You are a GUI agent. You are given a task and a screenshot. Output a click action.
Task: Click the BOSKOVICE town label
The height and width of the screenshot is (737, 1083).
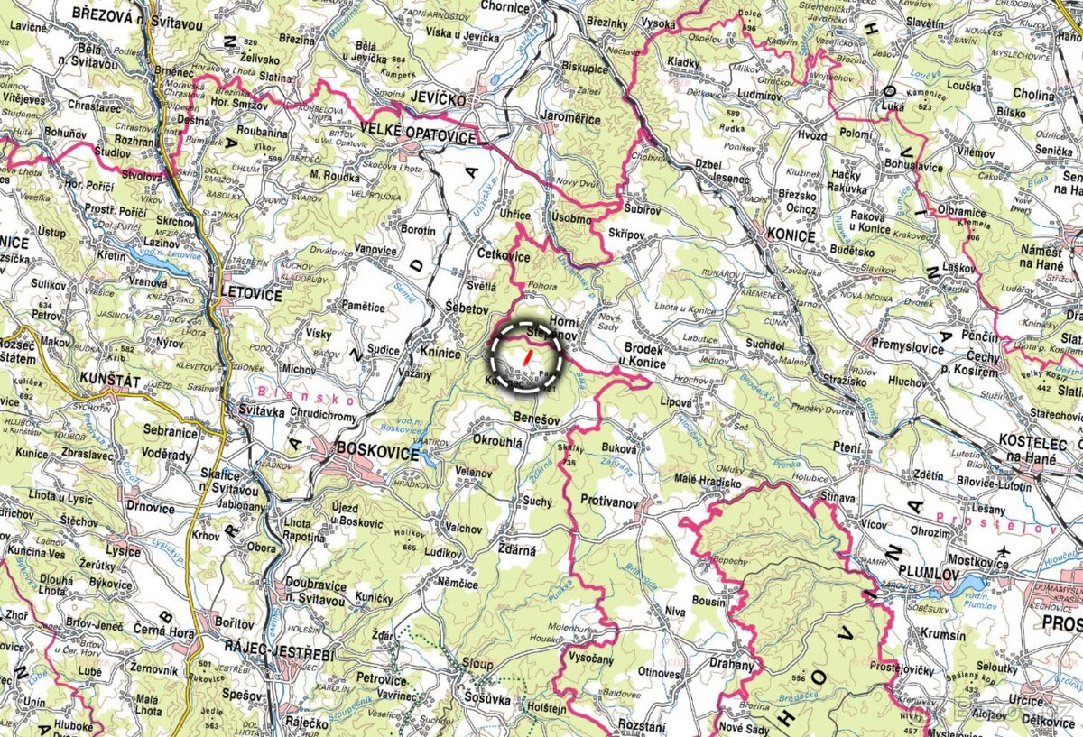(x=377, y=452)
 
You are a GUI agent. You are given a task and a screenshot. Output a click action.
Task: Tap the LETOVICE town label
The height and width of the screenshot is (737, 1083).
(x=251, y=295)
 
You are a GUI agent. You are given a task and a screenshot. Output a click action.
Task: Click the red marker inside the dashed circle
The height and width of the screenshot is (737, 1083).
(x=526, y=357)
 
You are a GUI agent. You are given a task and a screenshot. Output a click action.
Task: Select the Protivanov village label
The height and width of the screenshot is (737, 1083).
(x=609, y=500)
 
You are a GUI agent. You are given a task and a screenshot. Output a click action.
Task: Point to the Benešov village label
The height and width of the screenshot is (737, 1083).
(x=536, y=420)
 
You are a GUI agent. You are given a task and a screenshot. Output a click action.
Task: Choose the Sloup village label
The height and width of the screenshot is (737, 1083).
(x=477, y=665)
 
